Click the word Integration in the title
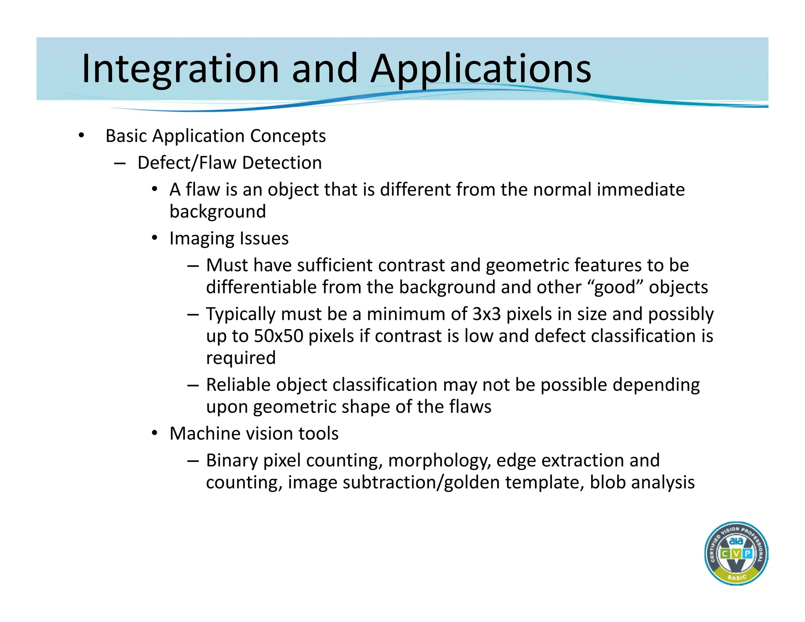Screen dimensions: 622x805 point(180,69)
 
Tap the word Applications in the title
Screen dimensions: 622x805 point(481,69)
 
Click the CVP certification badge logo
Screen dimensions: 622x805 point(736,553)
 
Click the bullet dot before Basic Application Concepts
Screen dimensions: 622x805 point(81,136)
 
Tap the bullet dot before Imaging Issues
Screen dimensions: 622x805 point(155,238)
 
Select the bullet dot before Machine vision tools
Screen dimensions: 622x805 point(155,433)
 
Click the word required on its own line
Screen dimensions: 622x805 point(241,358)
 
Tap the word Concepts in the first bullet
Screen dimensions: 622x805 point(288,136)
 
